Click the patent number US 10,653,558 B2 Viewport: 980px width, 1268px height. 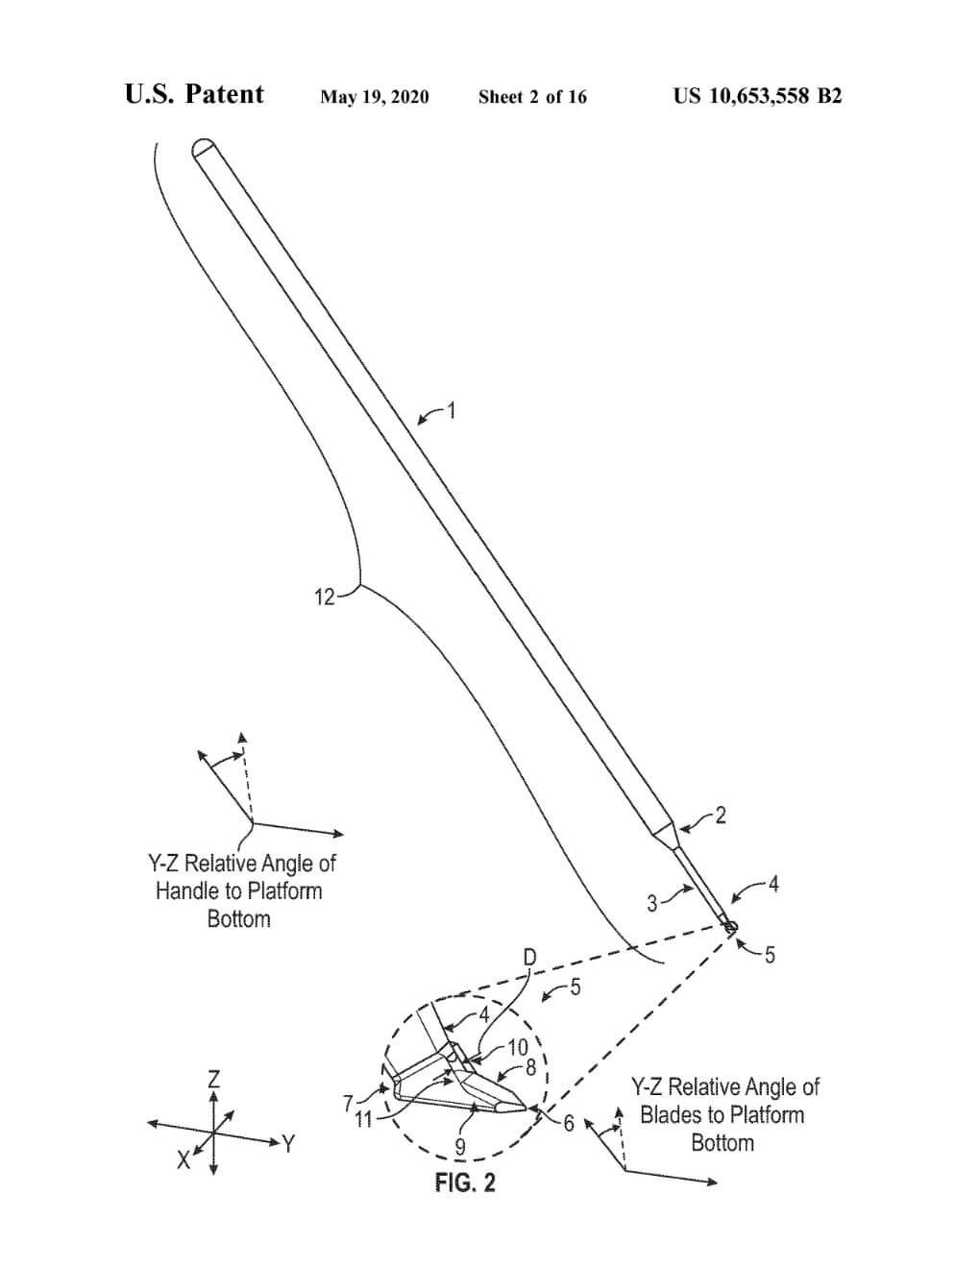click(x=757, y=95)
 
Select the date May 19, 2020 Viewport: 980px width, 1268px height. click(x=375, y=96)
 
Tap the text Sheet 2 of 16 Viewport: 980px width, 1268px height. click(x=532, y=96)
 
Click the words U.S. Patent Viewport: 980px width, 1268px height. click(x=194, y=94)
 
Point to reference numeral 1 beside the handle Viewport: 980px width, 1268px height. click(x=452, y=411)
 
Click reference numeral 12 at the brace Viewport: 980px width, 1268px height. click(x=325, y=597)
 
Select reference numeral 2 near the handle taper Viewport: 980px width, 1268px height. click(x=721, y=816)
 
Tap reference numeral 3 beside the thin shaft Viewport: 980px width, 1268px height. click(x=652, y=903)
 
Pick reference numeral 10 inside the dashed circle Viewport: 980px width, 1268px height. click(x=518, y=1048)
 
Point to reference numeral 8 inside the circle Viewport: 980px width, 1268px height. click(x=529, y=1067)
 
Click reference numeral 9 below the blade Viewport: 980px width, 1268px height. click(x=460, y=1146)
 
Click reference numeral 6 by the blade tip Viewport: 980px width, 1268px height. click(x=569, y=1123)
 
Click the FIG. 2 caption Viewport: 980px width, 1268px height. click(x=466, y=1183)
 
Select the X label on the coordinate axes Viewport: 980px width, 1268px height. click(x=183, y=1160)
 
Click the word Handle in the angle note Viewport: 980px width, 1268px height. click(x=187, y=890)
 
